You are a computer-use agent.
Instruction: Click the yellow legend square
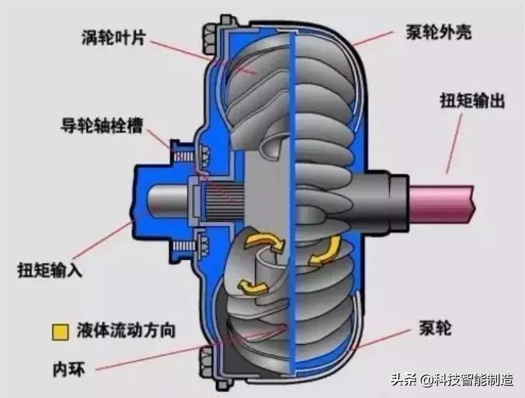(61, 330)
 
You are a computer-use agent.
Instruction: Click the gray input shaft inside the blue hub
(164, 199)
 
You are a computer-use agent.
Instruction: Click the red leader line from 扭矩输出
(459, 141)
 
